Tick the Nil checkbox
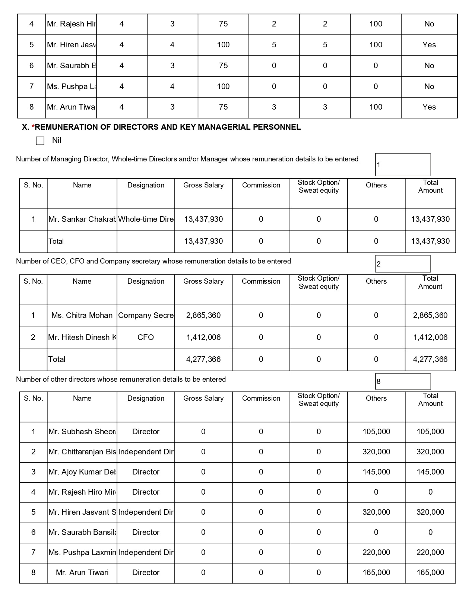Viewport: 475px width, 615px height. (x=40, y=141)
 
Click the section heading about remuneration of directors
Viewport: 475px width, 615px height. (x=161, y=127)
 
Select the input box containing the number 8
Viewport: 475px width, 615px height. (x=403, y=381)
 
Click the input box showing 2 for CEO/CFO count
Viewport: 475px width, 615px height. (x=403, y=264)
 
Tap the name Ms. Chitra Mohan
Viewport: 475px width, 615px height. (x=82, y=315)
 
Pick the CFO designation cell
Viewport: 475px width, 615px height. (x=146, y=337)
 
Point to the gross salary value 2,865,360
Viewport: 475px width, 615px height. (x=203, y=315)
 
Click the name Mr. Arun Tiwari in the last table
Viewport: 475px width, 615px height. (x=82, y=573)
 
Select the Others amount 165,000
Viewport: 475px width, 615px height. (x=376, y=573)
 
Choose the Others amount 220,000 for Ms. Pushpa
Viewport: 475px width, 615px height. (x=376, y=552)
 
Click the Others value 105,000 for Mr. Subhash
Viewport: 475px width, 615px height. (x=376, y=432)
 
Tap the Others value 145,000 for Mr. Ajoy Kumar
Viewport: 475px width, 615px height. (x=376, y=472)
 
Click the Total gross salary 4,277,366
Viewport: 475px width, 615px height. (x=203, y=359)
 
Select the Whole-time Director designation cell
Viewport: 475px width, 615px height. (x=146, y=219)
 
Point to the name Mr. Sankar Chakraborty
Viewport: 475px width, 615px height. (x=82, y=219)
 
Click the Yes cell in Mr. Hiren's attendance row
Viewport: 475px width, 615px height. (x=429, y=45)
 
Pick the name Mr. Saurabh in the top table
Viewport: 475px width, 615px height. (x=71, y=66)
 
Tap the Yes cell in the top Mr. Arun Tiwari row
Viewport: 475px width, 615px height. (x=429, y=107)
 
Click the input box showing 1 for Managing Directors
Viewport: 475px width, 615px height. (x=403, y=165)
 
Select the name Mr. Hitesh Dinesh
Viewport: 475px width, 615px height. (x=82, y=337)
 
